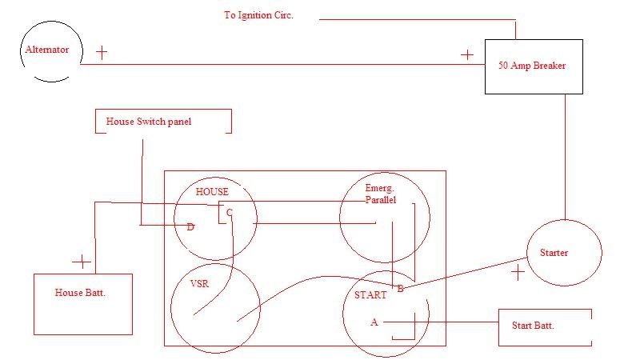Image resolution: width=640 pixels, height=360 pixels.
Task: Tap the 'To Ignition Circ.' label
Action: [258, 15]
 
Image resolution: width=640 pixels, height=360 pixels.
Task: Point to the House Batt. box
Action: [82, 304]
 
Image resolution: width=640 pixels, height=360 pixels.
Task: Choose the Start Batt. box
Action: [544, 326]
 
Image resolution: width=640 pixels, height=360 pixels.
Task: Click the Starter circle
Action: [564, 253]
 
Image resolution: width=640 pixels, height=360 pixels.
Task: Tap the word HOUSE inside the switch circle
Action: [212, 192]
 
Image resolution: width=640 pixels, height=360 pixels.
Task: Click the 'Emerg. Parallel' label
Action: [381, 194]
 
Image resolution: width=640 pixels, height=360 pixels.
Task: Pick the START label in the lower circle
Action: [370, 295]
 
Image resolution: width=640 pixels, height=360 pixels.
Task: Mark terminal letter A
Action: [374, 322]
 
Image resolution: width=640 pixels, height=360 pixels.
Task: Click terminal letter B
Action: [400, 288]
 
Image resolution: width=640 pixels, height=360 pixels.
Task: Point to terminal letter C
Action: [230, 213]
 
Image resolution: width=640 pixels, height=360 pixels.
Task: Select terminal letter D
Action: [190, 227]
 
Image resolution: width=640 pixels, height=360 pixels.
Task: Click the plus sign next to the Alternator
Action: [102, 53]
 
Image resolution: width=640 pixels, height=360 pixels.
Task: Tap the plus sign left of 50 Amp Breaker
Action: [467, 55]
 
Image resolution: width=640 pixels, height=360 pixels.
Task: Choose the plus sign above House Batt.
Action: [82, 262]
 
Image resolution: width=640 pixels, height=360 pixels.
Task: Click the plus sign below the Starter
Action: [518, 273]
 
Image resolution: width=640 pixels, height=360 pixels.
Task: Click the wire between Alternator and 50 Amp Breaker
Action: [280, 64]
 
